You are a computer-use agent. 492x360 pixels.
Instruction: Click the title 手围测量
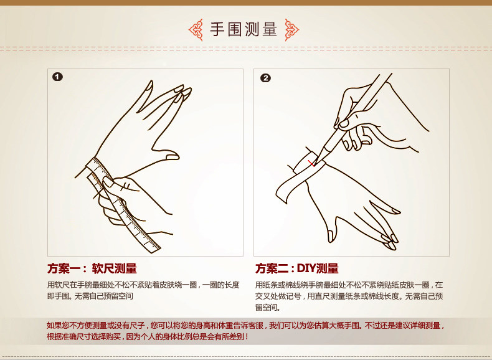[244, 30]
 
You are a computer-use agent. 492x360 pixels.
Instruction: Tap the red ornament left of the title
[196, 30]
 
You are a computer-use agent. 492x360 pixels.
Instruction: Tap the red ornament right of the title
[292, 30]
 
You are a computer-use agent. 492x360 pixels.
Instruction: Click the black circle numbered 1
[57, 77]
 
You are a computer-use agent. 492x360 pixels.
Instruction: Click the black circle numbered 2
[265, 78]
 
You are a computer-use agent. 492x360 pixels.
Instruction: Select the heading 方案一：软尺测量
[92, 268]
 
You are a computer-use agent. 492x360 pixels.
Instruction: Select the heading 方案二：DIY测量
[297, 268]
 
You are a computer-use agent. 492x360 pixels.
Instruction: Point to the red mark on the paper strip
[311, 164]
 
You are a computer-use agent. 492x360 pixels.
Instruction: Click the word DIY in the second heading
[306, 268]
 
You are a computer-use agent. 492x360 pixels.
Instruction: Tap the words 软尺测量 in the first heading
[114, 268]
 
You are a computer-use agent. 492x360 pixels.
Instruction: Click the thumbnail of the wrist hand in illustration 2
[331, 235]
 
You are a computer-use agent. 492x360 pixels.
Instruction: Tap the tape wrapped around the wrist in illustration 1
[98, 166]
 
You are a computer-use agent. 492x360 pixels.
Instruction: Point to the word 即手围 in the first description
[57, 296]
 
